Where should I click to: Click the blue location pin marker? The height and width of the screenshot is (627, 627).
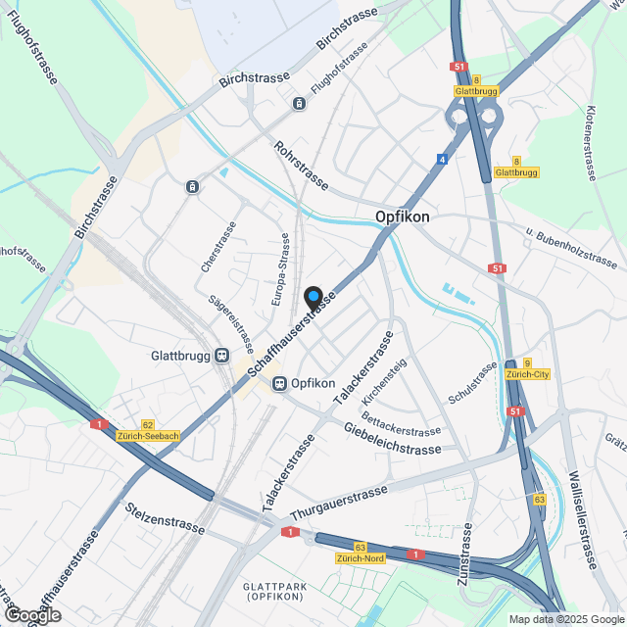[313, 296]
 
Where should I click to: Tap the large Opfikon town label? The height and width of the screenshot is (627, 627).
[403, 217]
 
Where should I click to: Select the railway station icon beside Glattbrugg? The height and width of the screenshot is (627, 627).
[223, 356]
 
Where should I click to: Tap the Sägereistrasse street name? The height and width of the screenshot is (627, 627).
[231, 323]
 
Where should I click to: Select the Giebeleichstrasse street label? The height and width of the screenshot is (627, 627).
[392, 438]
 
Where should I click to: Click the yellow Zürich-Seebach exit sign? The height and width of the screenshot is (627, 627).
[147, 435]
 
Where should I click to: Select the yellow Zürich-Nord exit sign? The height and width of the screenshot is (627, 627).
[360, 557]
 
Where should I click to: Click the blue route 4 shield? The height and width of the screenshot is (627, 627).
[443, 159]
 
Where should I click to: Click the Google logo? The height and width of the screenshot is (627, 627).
[31, 615]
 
